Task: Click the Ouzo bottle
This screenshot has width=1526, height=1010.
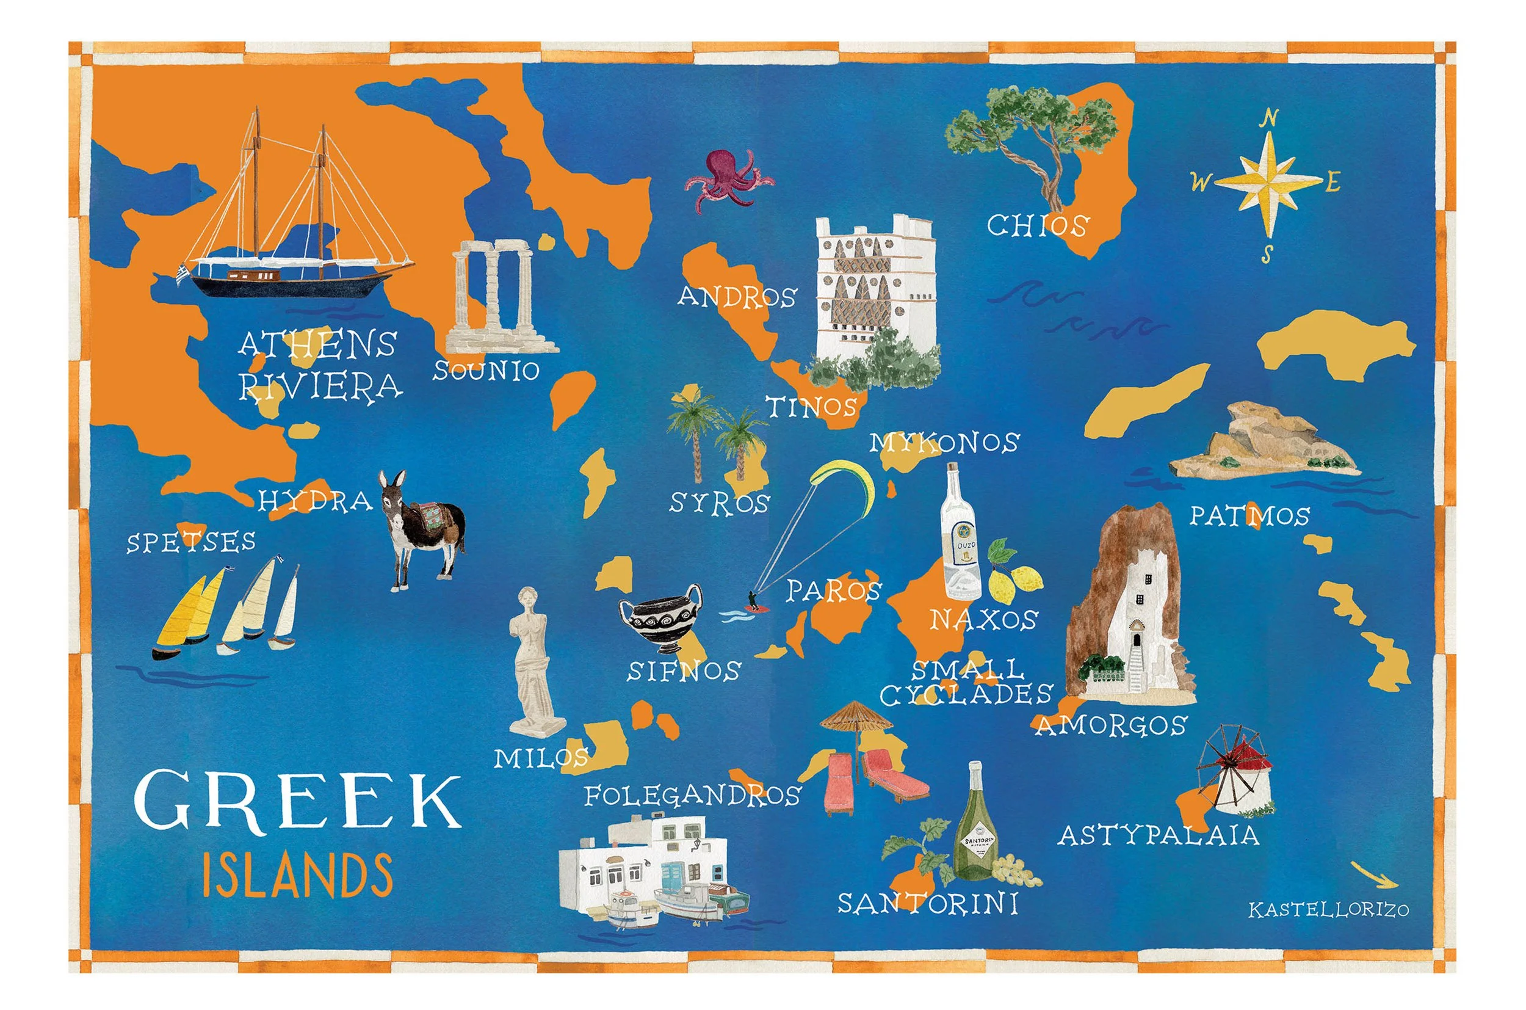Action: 961,539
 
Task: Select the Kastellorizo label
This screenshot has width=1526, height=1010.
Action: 1328,909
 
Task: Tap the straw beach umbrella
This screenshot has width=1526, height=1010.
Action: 856,721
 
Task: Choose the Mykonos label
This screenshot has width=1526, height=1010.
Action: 944,443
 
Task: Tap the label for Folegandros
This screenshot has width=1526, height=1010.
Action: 692,796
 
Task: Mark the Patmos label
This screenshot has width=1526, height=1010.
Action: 1249,515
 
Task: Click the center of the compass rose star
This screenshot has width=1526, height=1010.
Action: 1268,183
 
